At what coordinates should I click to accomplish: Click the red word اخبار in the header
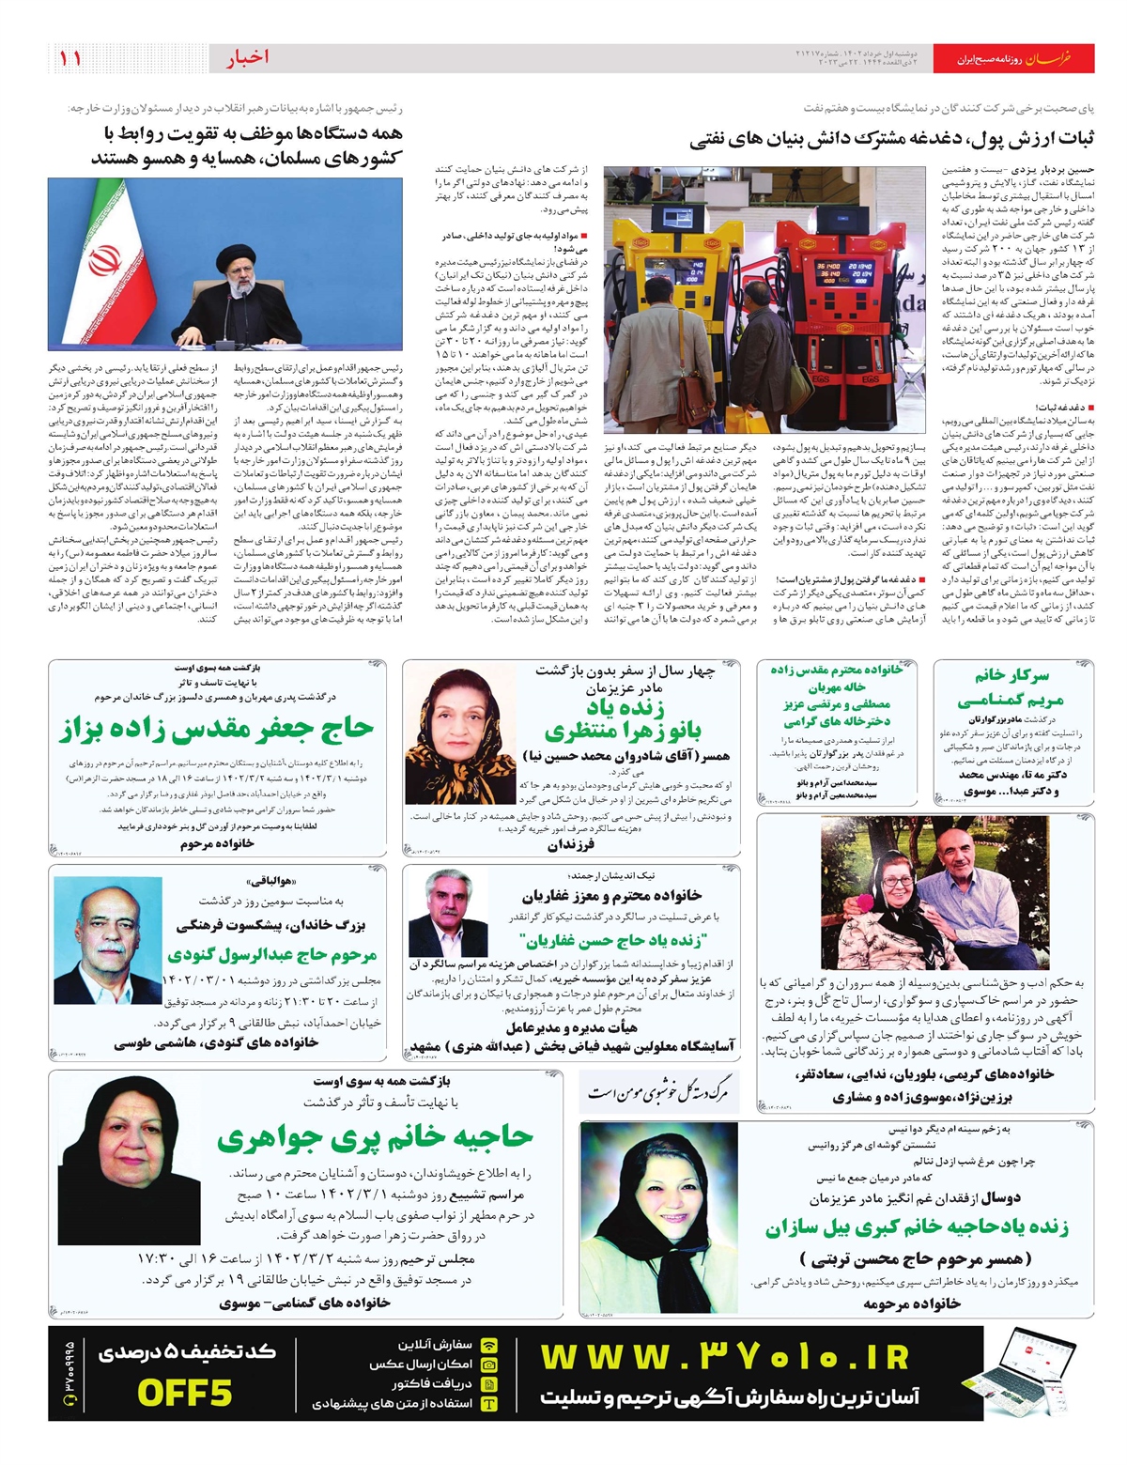pos(247,58)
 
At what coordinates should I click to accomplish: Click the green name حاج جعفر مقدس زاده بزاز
pos(217,729)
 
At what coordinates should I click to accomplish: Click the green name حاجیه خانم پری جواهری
pos(375,1136)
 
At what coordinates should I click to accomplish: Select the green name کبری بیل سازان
pos(916,1227)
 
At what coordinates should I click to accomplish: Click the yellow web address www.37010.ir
pos(725,1358)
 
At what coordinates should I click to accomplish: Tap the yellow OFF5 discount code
pos(184,1393)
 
